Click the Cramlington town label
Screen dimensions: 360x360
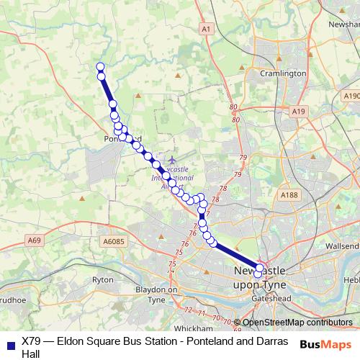coord(284,73)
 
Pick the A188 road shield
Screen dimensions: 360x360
coord(289,195)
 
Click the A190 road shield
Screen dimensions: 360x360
coord(351,95)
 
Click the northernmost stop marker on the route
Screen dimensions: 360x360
coord(100,67)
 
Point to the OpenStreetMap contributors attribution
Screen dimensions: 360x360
coord(296,323)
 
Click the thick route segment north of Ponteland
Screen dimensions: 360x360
coord(107,91)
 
